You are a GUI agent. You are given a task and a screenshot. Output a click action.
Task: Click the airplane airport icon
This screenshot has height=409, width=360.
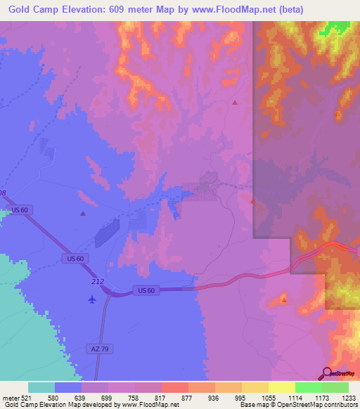[92, 299]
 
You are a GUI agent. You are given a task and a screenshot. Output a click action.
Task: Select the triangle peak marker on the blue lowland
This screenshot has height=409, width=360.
[83, 214]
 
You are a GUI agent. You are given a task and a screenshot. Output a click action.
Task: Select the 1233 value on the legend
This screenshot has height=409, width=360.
[348, 398]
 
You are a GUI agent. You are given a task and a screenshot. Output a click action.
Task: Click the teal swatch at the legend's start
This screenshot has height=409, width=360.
[41, 387]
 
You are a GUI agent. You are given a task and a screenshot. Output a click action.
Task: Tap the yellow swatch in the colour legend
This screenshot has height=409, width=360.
[282, 387]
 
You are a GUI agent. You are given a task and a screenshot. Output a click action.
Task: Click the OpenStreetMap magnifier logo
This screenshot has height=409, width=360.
[326, 372]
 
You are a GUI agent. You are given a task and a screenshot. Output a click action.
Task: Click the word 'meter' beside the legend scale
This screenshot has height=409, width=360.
[10, 398]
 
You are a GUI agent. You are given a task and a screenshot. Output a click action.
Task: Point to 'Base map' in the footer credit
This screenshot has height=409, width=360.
[252, 405]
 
